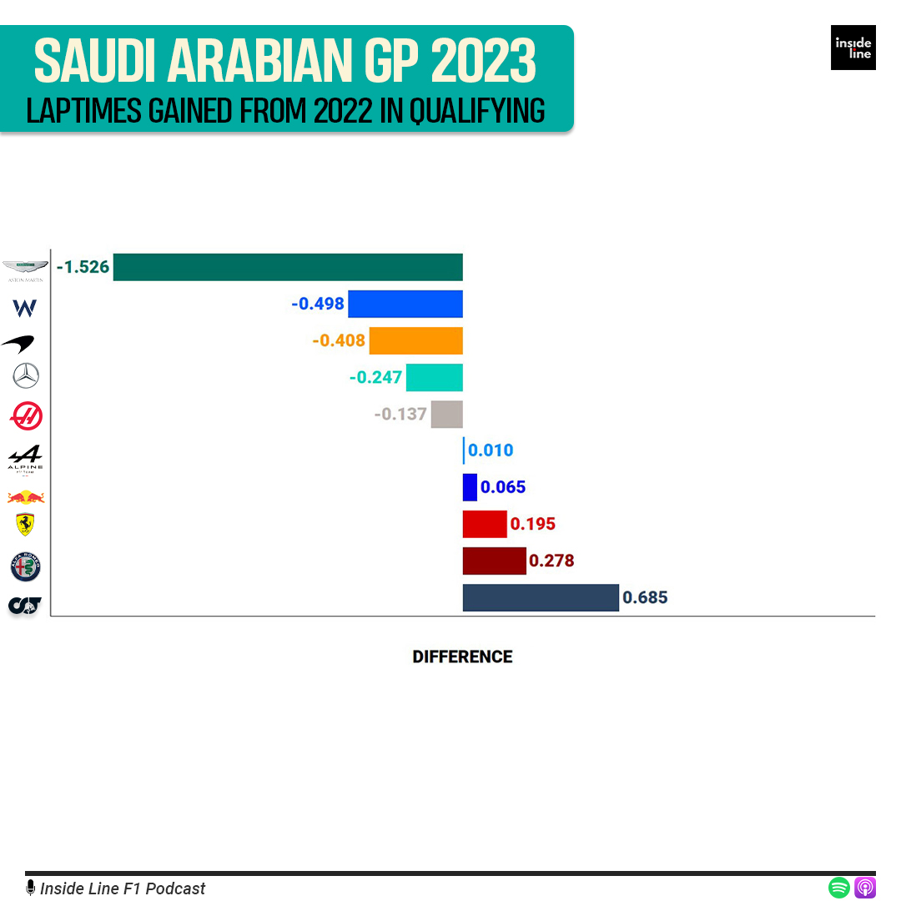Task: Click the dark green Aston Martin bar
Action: (x=288, y=267)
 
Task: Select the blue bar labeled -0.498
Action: (x=405, y=304)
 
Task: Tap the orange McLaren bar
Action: (x=415, y=340)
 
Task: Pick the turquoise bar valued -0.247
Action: (x=434, y=377)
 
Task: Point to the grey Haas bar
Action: (x=446, y=414)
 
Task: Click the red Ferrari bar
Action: (x=484, y=524)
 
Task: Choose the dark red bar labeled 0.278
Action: (x=494, y=561)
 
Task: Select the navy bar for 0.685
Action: (x=541, y=597)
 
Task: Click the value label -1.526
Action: (x=83, y=268)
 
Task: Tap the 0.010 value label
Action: (x=491, y=450)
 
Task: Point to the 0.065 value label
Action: (x=503, y=487)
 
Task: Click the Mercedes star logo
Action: (x=26, y=377)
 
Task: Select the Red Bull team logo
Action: (x=26, y=497)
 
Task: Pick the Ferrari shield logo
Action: (x=26, y=525)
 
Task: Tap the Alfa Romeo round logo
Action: (x=26, y=566)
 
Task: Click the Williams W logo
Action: (x=25, y=309)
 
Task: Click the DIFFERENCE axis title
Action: (x=462, y=657)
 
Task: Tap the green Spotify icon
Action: (x=839, y=887)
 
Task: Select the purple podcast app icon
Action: (x=865, y=887)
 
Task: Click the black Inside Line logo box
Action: (x=853, y=48)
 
